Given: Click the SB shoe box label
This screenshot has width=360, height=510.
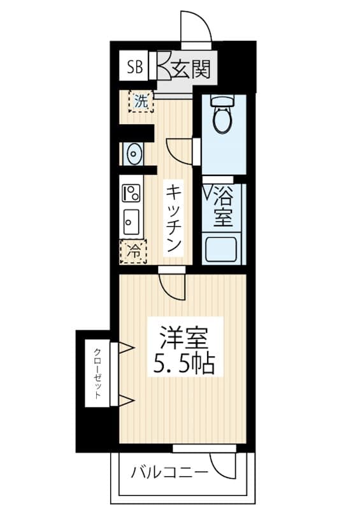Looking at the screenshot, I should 135,66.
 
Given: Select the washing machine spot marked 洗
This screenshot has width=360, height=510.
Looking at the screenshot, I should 141,100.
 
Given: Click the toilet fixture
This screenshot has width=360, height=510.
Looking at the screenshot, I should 222,115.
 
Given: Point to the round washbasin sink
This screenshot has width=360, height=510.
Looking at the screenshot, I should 133,153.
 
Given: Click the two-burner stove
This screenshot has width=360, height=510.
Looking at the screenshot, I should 132,192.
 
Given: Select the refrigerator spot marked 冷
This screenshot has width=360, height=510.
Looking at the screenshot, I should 134,251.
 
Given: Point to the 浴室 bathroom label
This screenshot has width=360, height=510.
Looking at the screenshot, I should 222,206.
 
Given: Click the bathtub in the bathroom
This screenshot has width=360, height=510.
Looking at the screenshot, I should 222,249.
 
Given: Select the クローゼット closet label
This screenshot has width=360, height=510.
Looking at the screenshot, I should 97,374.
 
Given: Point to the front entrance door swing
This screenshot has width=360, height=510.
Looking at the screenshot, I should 195,27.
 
